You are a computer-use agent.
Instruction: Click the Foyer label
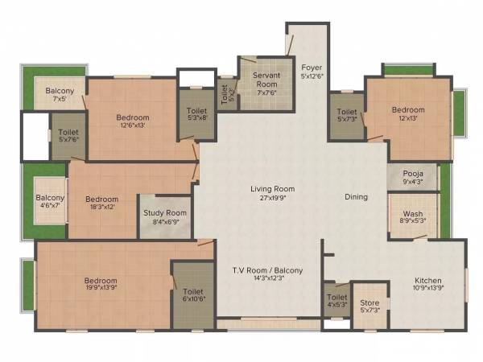coord(312,67)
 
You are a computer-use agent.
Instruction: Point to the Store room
coord(370,306)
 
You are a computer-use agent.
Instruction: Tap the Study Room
coord(165,217)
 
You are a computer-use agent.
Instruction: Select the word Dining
coord(356,196)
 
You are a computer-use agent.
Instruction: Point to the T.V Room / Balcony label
coord(267,270)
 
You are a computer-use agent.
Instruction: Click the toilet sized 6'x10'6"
coord(192,295)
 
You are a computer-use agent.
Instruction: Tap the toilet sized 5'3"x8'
coord(197,115)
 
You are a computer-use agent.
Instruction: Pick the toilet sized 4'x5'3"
coord(336,300)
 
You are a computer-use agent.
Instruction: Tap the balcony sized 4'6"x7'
coord(50,201)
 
